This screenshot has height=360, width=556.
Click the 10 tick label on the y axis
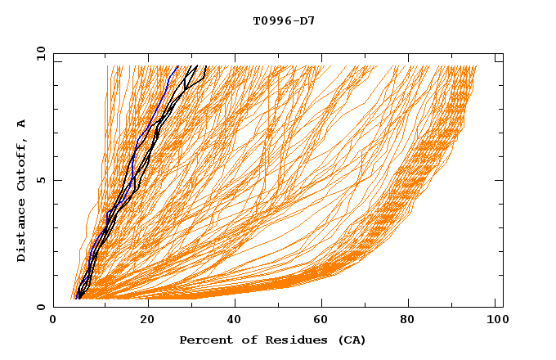tap(38, 53)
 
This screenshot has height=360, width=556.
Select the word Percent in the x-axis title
tap(202, 340)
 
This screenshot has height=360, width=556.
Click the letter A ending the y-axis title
tap(22, 124)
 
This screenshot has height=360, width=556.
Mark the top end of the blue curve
tap(178, 65)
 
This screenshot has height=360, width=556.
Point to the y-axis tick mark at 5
tap(56, 180)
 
